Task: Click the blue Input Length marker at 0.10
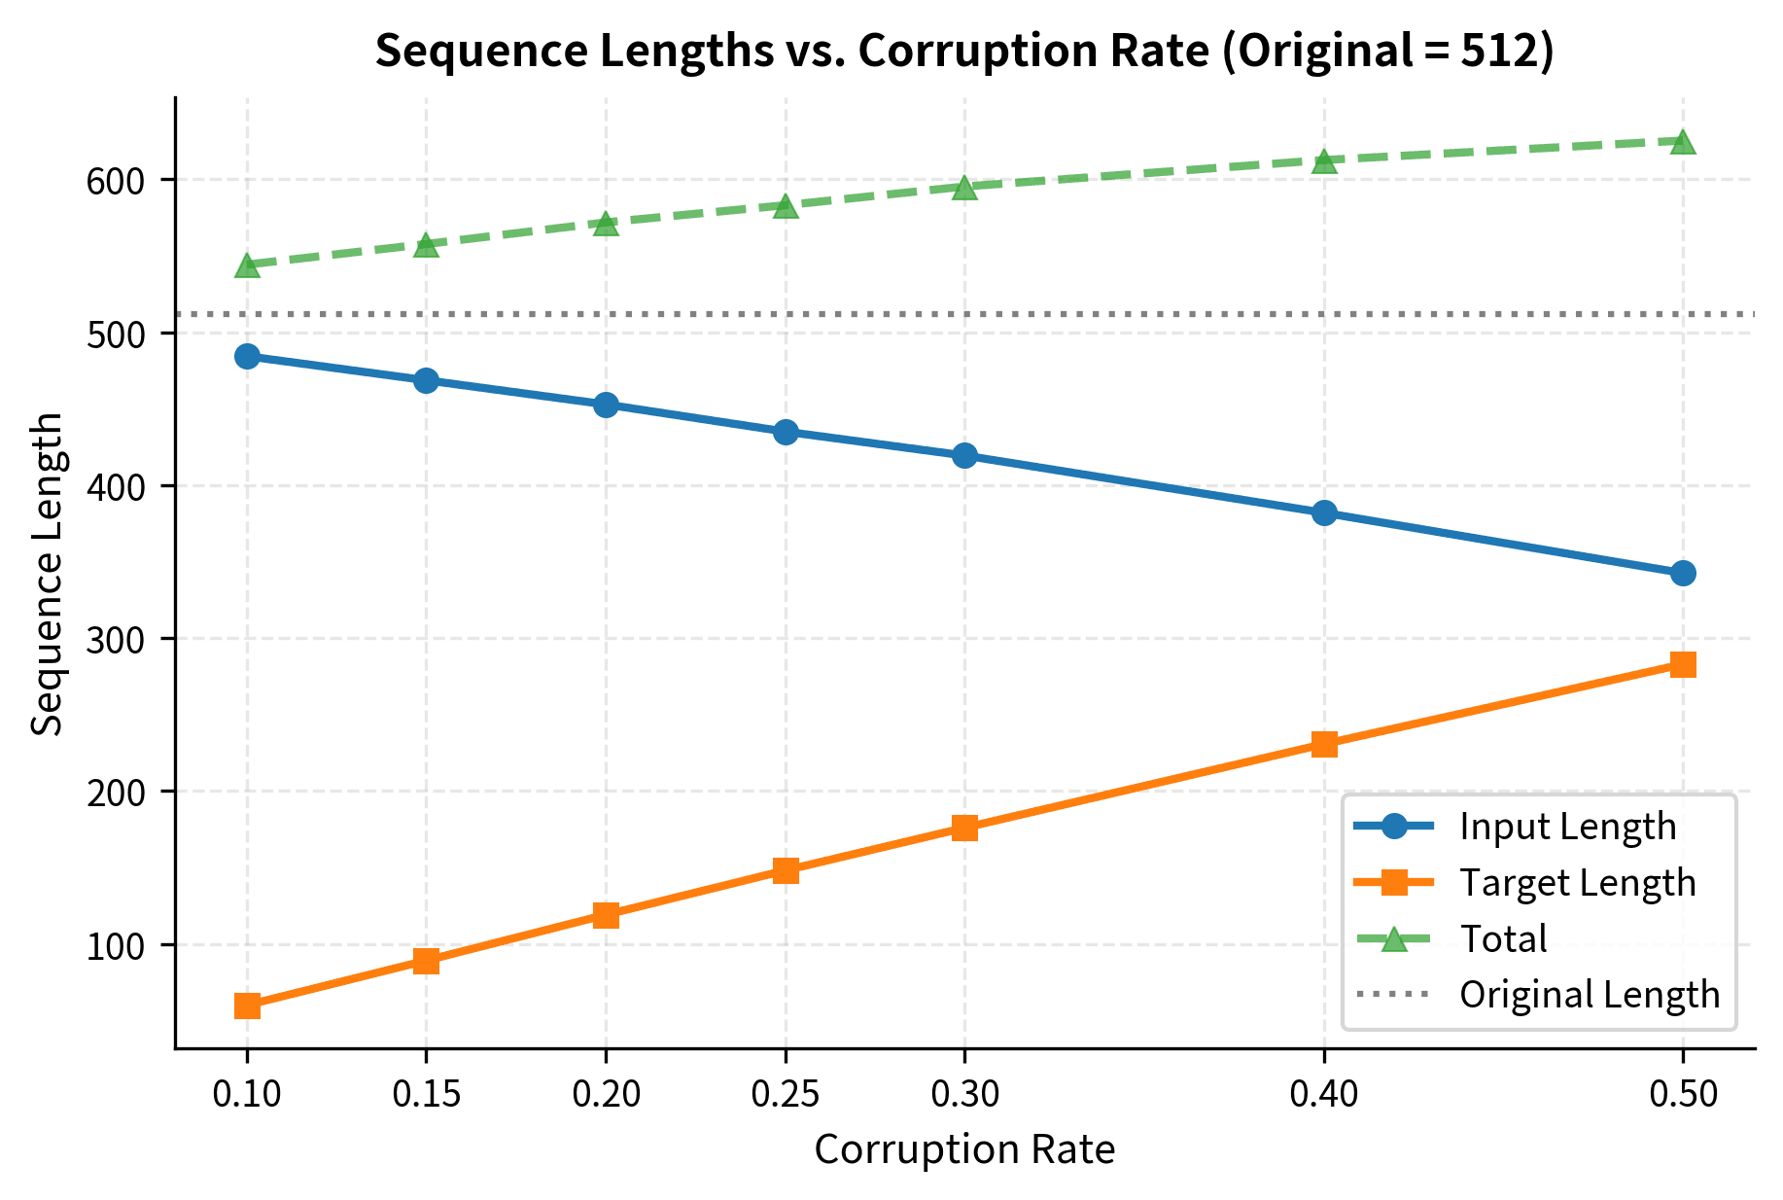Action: point(247,356)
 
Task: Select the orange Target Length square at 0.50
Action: point(1683,664)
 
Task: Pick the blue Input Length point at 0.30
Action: point(964,455)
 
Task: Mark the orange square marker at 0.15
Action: point(426,961)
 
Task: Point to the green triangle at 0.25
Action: point(786,205)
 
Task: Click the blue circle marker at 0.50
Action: point(1683,573)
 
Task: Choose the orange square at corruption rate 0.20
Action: point(606,915)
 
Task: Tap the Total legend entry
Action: point(1503,938)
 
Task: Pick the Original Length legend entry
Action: point(1589,994)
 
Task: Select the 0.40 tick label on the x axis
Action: point(1324,1095)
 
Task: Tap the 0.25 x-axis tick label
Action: point(786,1095)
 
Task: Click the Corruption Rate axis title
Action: point(964,1149)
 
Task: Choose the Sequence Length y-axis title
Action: point(47,574)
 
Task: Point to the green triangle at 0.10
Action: point(247,265)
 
